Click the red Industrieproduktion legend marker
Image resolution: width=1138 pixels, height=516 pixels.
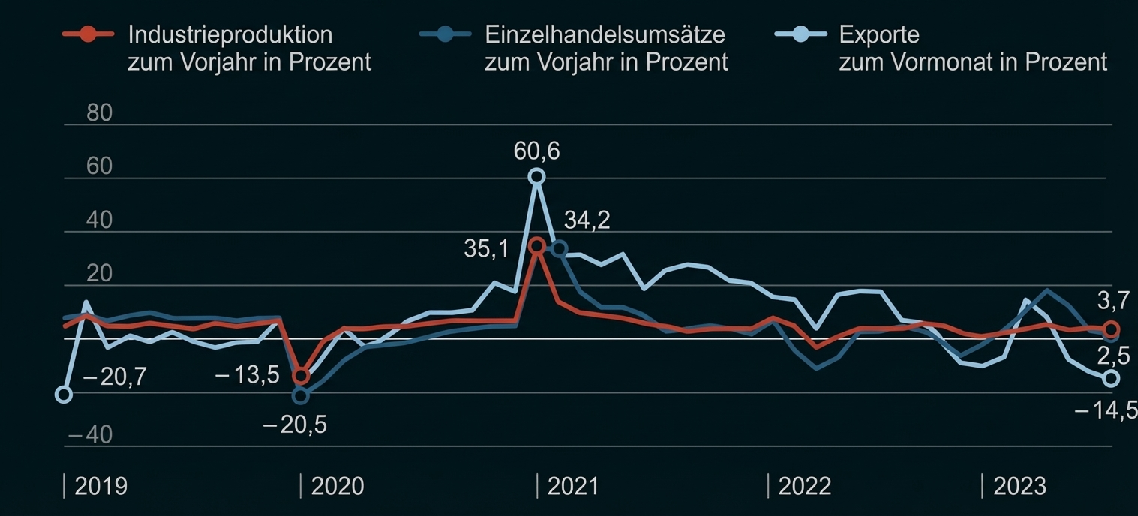[x=88, y=34]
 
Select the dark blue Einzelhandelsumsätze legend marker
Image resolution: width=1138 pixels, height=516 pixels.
[x=445, y=34]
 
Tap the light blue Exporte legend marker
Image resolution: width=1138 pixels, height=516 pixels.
[x=800, y=34]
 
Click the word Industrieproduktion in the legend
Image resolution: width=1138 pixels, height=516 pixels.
[x=230, y=34]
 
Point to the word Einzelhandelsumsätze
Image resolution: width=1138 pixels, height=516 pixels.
[x=605, y=34]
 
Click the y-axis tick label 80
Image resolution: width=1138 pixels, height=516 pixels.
[x=99, y=113]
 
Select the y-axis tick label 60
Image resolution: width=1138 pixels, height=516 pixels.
[x=99, y=166]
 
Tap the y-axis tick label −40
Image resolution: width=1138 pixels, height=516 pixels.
[x=90, y=435]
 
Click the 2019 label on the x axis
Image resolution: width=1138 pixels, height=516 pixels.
[x=101, y=486]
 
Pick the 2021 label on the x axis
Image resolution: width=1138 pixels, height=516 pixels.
[x=573, y=486]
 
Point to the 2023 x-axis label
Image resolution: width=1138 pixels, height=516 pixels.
[x=1019, y=486]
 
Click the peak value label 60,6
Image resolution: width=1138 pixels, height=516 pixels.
[x=536, y=151]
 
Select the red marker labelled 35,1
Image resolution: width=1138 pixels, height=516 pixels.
[x=536, y=245]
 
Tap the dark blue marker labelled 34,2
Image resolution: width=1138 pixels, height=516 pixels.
[x=559, y=249]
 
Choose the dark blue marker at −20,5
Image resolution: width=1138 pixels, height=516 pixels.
[x=300, y=395]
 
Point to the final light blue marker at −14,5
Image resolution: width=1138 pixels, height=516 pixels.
[x=1112, y=379]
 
